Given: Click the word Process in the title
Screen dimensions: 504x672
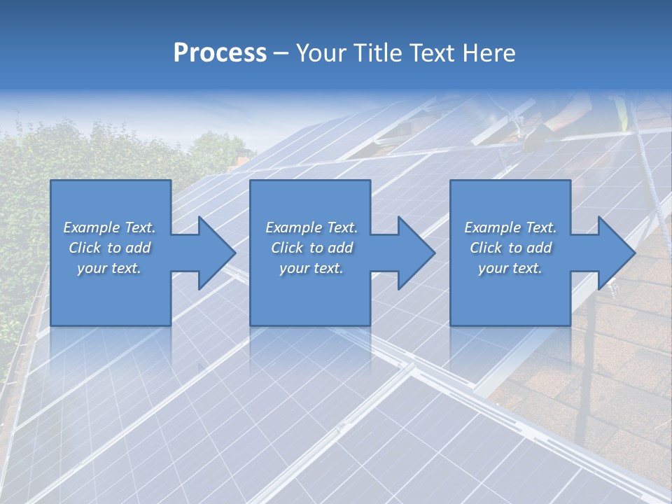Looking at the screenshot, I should pos(220,53).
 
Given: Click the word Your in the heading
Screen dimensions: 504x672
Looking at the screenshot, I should pos(321,53).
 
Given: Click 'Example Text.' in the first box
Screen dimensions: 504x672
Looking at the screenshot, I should pos(109,227).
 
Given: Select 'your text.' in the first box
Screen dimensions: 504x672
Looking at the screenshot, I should pos(109,268).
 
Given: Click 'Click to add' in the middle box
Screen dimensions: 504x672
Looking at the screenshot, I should pos(311,248).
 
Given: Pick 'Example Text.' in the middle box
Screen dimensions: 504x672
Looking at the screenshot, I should pos(311,227).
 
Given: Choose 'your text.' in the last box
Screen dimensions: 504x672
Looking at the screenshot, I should pos(510,268).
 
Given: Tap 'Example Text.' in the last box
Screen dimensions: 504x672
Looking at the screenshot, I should pos(510,227).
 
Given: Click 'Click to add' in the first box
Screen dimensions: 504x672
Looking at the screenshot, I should pos(109,248).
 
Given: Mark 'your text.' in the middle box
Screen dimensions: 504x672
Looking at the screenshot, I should pos(311,268).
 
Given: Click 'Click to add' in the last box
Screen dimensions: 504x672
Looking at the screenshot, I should pos(510,248).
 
